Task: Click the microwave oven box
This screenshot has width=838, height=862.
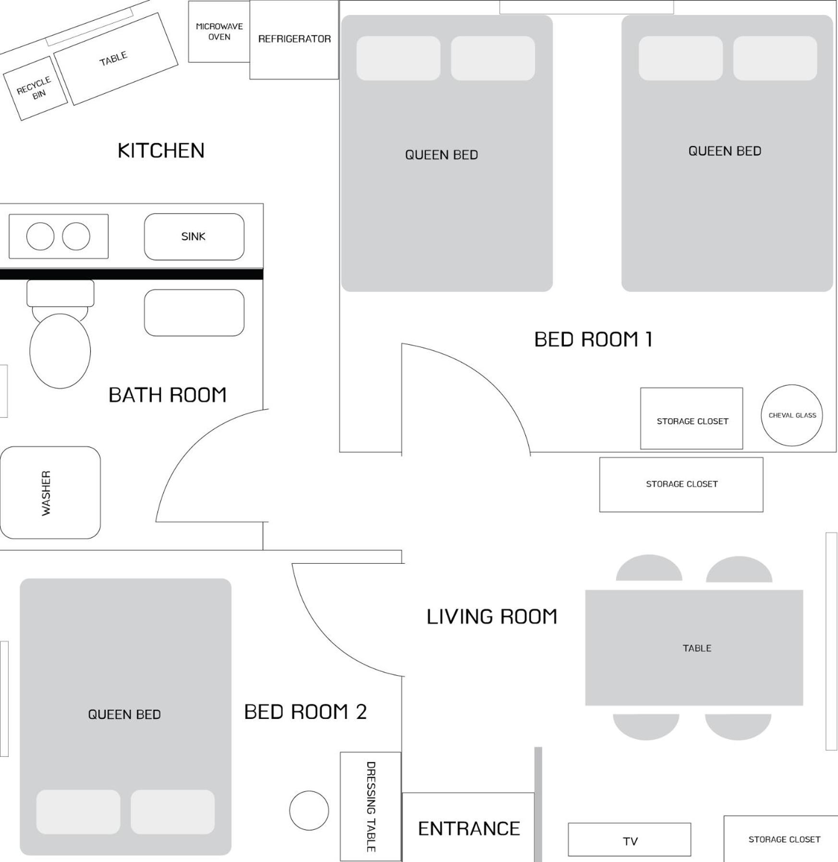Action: [x=219, y=32]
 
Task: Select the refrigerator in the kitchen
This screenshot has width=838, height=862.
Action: [x=294, y=39]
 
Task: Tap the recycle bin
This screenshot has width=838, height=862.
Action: [x=35, y=88]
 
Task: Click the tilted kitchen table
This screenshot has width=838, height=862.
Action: [x=115, y=59]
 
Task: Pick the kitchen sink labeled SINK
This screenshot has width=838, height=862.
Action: [x=194, y=236]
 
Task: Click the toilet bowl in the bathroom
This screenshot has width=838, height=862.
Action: [x=60, y=351]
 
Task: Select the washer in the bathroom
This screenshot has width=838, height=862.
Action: [x=50, y=492]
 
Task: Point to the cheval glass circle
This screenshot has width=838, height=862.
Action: [x=792, y=415]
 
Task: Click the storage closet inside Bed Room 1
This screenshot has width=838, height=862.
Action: [x=692, y=418]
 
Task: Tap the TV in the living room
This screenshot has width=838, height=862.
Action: [x=630, y=839]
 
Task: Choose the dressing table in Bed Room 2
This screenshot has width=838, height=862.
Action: [x=371, y=806]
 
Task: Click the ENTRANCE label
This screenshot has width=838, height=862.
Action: [x=469, y=828]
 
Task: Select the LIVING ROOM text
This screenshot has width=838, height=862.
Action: [x=492, y=617]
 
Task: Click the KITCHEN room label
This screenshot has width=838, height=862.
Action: [x=161, y=150]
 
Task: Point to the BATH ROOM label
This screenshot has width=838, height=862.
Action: [x=167, y=395]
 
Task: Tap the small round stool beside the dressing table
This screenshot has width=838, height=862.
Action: [x=309, y=811]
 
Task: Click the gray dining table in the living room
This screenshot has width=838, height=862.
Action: [x=694, y=647]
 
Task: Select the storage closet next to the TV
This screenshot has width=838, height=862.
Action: [x=781, y=838]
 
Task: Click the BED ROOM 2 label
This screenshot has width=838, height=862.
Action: [x=305, y=712]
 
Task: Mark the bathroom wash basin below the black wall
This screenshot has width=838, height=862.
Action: [x=194, y=313]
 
